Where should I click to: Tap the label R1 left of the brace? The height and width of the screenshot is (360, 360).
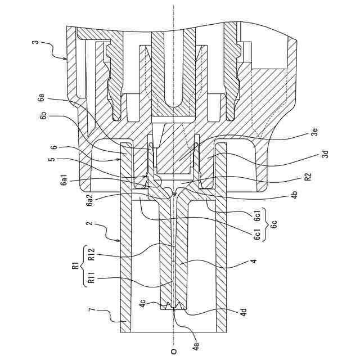pyautogui.click(x=75, y=267)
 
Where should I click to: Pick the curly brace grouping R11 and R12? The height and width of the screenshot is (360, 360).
pyautogui.click(x=83, y=267)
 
